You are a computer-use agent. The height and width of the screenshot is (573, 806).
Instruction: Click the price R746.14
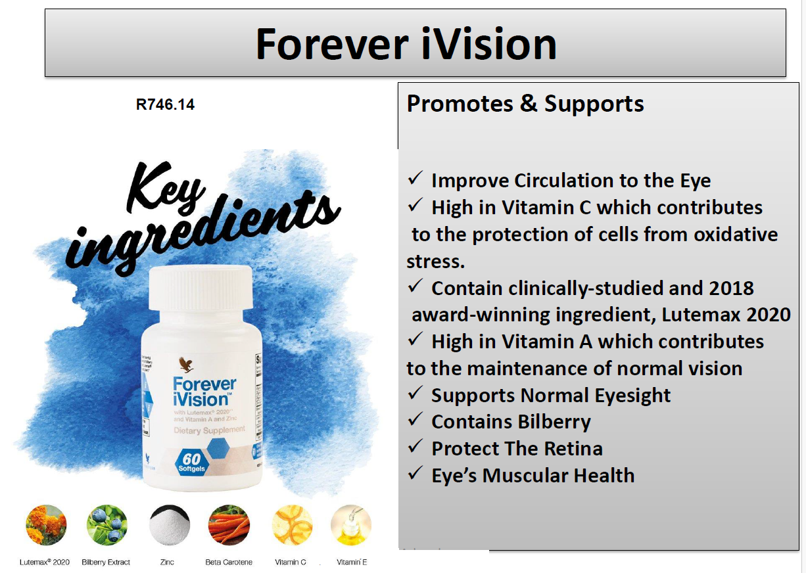pos(165,104)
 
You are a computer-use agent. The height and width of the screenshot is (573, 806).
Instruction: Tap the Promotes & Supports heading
pos(525,103)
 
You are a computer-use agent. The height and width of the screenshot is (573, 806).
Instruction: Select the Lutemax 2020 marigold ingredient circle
pos(46,525)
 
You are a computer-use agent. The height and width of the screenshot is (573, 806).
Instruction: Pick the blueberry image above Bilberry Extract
pos(107,525)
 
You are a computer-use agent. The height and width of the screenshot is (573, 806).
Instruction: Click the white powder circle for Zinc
pos(169,525)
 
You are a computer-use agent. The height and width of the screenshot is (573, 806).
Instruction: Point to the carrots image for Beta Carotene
pos(228,525)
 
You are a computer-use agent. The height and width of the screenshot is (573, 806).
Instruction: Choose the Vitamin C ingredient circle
pos(292,525)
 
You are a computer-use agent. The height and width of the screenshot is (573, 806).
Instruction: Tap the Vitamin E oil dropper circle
pos(351,525)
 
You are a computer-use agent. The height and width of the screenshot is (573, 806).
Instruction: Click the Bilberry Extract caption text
pos(106,562)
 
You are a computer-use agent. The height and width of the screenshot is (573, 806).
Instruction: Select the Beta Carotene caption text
pos(228,562)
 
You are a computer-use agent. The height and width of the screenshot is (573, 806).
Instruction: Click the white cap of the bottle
pos(201,288)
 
